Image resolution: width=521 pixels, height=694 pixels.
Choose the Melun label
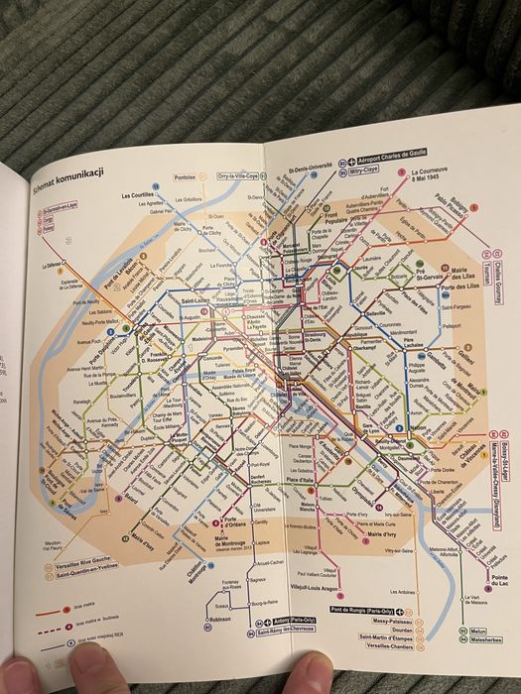[x=480, y=630]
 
